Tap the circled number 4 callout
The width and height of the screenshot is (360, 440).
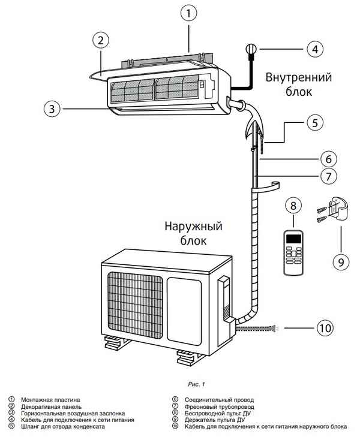click(x=314, y=50)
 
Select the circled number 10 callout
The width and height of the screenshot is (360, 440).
click(x=325, y=328)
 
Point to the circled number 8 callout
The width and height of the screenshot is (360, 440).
click(x=292, y=206)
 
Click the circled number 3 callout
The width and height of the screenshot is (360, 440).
click(x=52, y=109)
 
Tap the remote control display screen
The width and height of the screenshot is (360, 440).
click(x=293, y=239)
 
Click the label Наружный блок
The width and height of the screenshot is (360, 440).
click(x=193, y=234)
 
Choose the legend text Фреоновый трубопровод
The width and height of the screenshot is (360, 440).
click(x=216, y=406)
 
